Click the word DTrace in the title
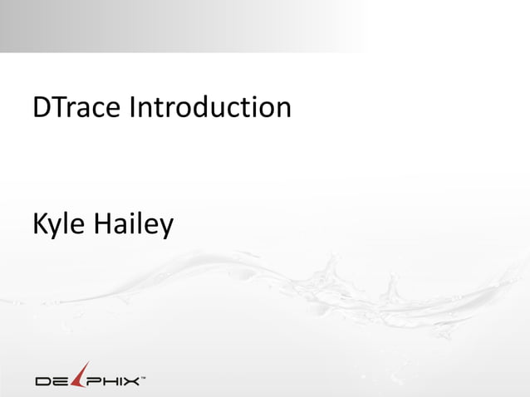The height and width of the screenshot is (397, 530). point(76,107)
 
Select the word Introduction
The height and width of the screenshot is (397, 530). point(209,107)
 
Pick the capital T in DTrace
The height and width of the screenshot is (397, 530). point(58,107)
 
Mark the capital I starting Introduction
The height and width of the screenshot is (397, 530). point(131,107)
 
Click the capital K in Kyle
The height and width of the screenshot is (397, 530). point(40,223)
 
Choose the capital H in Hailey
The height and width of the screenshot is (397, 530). point(106,223)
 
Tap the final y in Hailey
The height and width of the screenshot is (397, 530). point(166,227)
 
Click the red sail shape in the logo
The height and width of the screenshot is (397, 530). point(80,375)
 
